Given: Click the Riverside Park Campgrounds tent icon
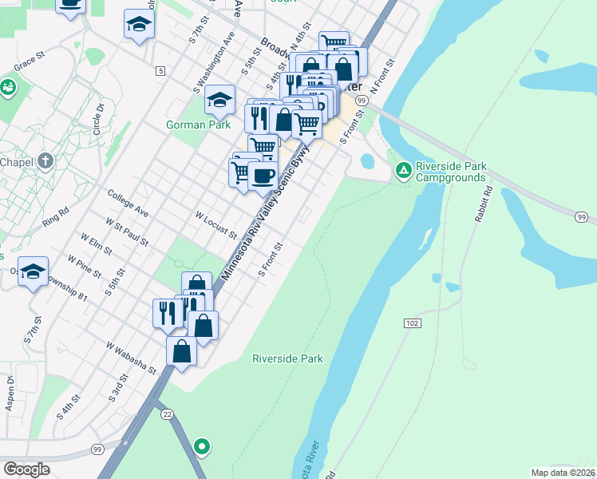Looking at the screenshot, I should click(x=404, y=170).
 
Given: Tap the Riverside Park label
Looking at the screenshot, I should click(x=287, y=358).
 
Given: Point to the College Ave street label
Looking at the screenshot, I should click(x=128, y=203).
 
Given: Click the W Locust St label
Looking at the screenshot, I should click(x=216, y=225).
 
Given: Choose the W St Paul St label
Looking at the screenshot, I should click(x=126, y=230).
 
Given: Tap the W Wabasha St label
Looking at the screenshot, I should click(x=131, y=357).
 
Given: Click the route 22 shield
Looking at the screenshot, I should click(x=167, y=413).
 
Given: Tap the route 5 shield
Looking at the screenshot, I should click(x=161, y=71).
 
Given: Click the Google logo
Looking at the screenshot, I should click(x=27, y=469).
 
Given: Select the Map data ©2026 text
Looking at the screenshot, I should click(x=563, y=473).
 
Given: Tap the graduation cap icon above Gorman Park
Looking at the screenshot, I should click(x=219, y=99).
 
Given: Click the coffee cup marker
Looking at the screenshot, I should click(x=263, y=175).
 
